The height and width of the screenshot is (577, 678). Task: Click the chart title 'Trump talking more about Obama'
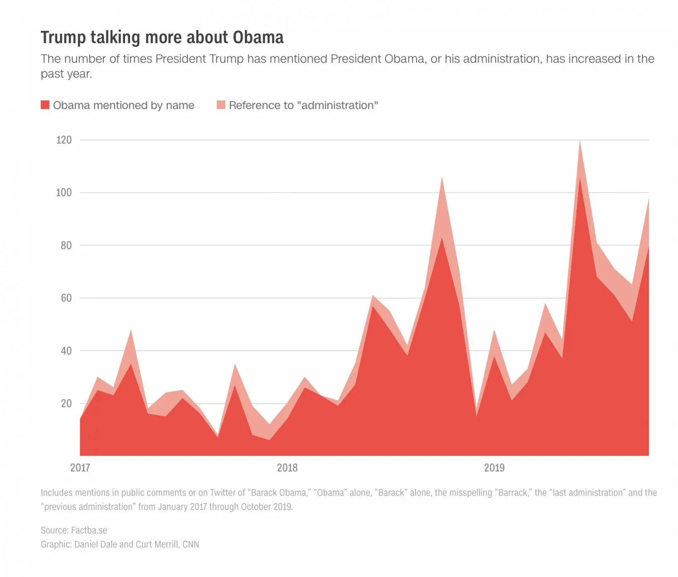point(162,37)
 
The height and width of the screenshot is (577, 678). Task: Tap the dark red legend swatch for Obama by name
point(45,105)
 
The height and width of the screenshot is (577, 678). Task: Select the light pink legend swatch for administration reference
point(221,105)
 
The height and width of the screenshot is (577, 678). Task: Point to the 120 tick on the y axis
point(64,140)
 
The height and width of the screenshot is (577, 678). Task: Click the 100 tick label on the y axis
point(64,192)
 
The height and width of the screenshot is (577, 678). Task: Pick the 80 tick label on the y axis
point(66,245)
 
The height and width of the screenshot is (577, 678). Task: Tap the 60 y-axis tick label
point(66,298)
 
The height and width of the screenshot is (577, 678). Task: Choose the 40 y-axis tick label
point(66,351)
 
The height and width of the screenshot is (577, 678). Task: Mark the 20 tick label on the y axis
point(66,404)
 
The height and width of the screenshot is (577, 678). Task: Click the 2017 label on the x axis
point(80,468)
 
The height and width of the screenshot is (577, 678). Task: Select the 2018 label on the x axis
point(287,468)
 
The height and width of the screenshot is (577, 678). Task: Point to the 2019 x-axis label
point(494,468)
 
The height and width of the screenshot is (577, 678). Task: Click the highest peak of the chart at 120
point(580,141)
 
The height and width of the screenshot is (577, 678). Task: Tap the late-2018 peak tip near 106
point(442,178)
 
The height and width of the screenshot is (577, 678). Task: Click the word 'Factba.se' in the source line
point(89,530)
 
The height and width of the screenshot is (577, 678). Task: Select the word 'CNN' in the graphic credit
point(191,544)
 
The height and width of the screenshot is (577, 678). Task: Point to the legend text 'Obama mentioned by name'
point(124,105)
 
